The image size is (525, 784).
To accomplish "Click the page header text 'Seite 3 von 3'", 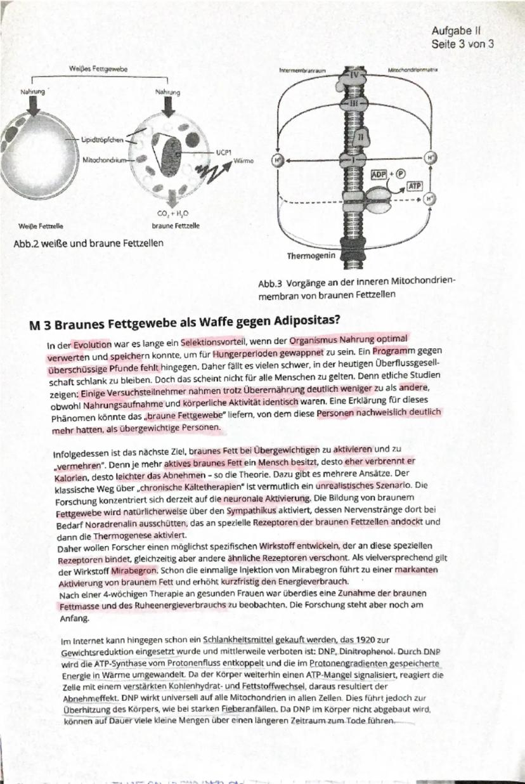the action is tap(462, 44).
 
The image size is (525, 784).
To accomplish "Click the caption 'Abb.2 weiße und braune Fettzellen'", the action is tap(86, 242).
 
